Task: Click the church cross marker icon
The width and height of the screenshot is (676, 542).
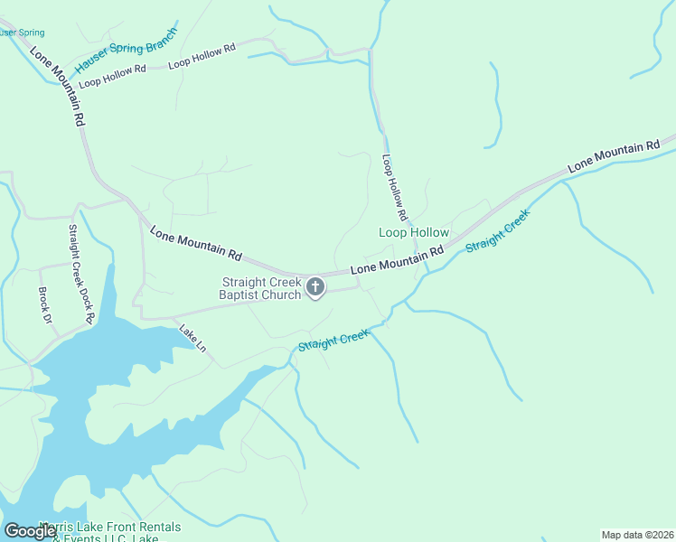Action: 315,287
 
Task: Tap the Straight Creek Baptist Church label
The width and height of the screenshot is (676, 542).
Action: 260,288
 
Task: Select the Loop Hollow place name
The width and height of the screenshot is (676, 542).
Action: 413,233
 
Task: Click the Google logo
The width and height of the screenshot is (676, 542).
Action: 30,530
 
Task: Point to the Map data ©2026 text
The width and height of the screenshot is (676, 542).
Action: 637,535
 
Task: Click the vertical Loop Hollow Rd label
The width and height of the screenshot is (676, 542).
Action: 395,188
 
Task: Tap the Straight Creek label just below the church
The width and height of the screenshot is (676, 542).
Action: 333,341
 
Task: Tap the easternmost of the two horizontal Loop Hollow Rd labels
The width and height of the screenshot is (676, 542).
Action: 202,55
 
